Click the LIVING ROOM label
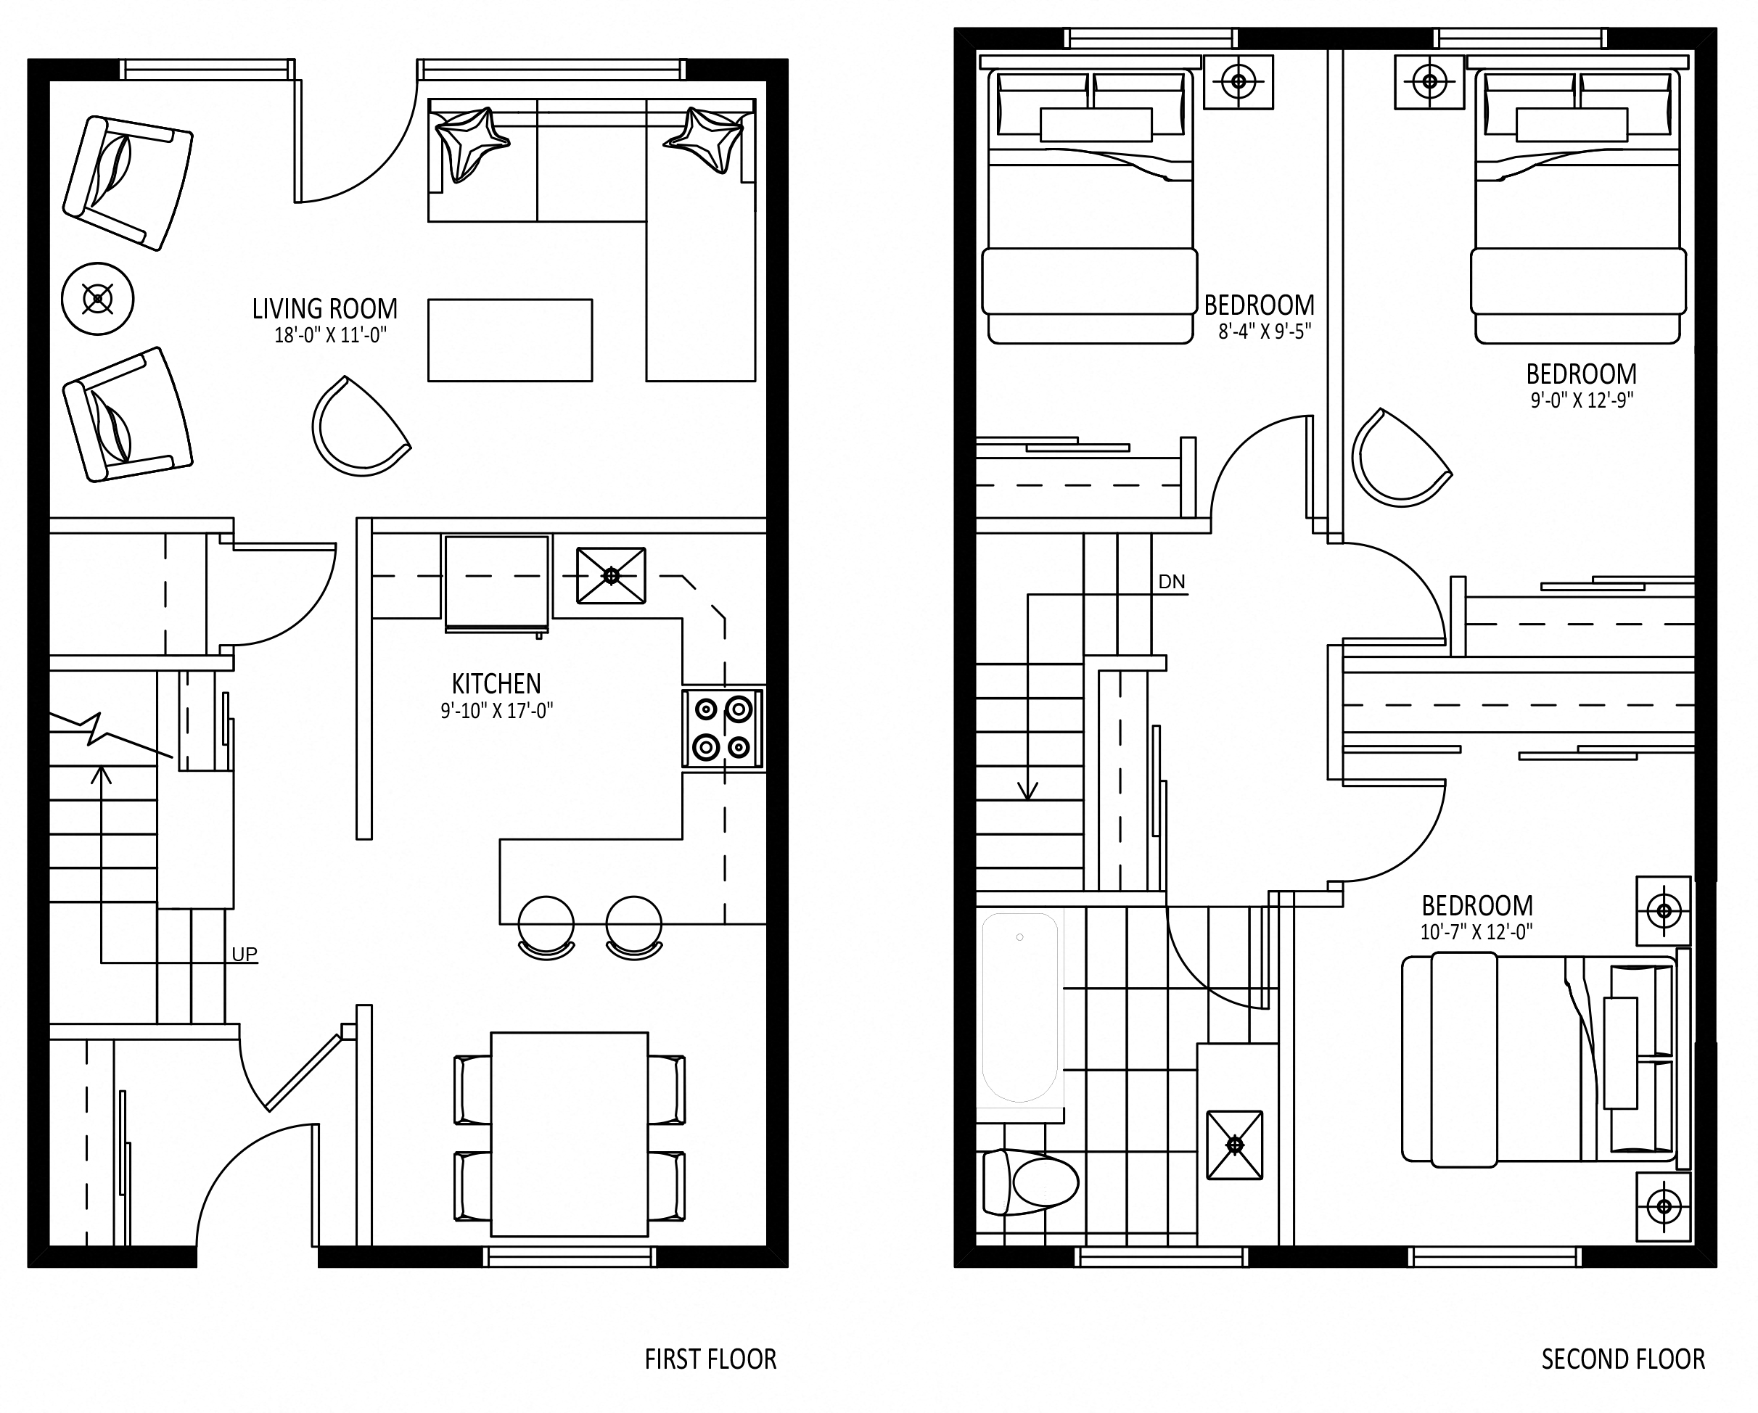click(324, 309)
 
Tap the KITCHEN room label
click(496, 683)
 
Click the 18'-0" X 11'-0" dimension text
click(330, 335)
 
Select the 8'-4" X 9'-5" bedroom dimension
click(1265, 331)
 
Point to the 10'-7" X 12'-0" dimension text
click(1476, 932)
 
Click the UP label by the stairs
click(245, 954)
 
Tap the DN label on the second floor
click(1172, 581)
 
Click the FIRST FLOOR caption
click(711, 1359)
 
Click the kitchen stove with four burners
click(723, 729)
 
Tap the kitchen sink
click(612, 576)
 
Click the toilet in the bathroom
click(1031, 1182)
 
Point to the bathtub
click(1020, 1008)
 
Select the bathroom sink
click(1234, 1145)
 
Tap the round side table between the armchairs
click(98, 298)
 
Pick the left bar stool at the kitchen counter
click(546, 928)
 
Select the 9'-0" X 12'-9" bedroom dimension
click(1582, 400)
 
